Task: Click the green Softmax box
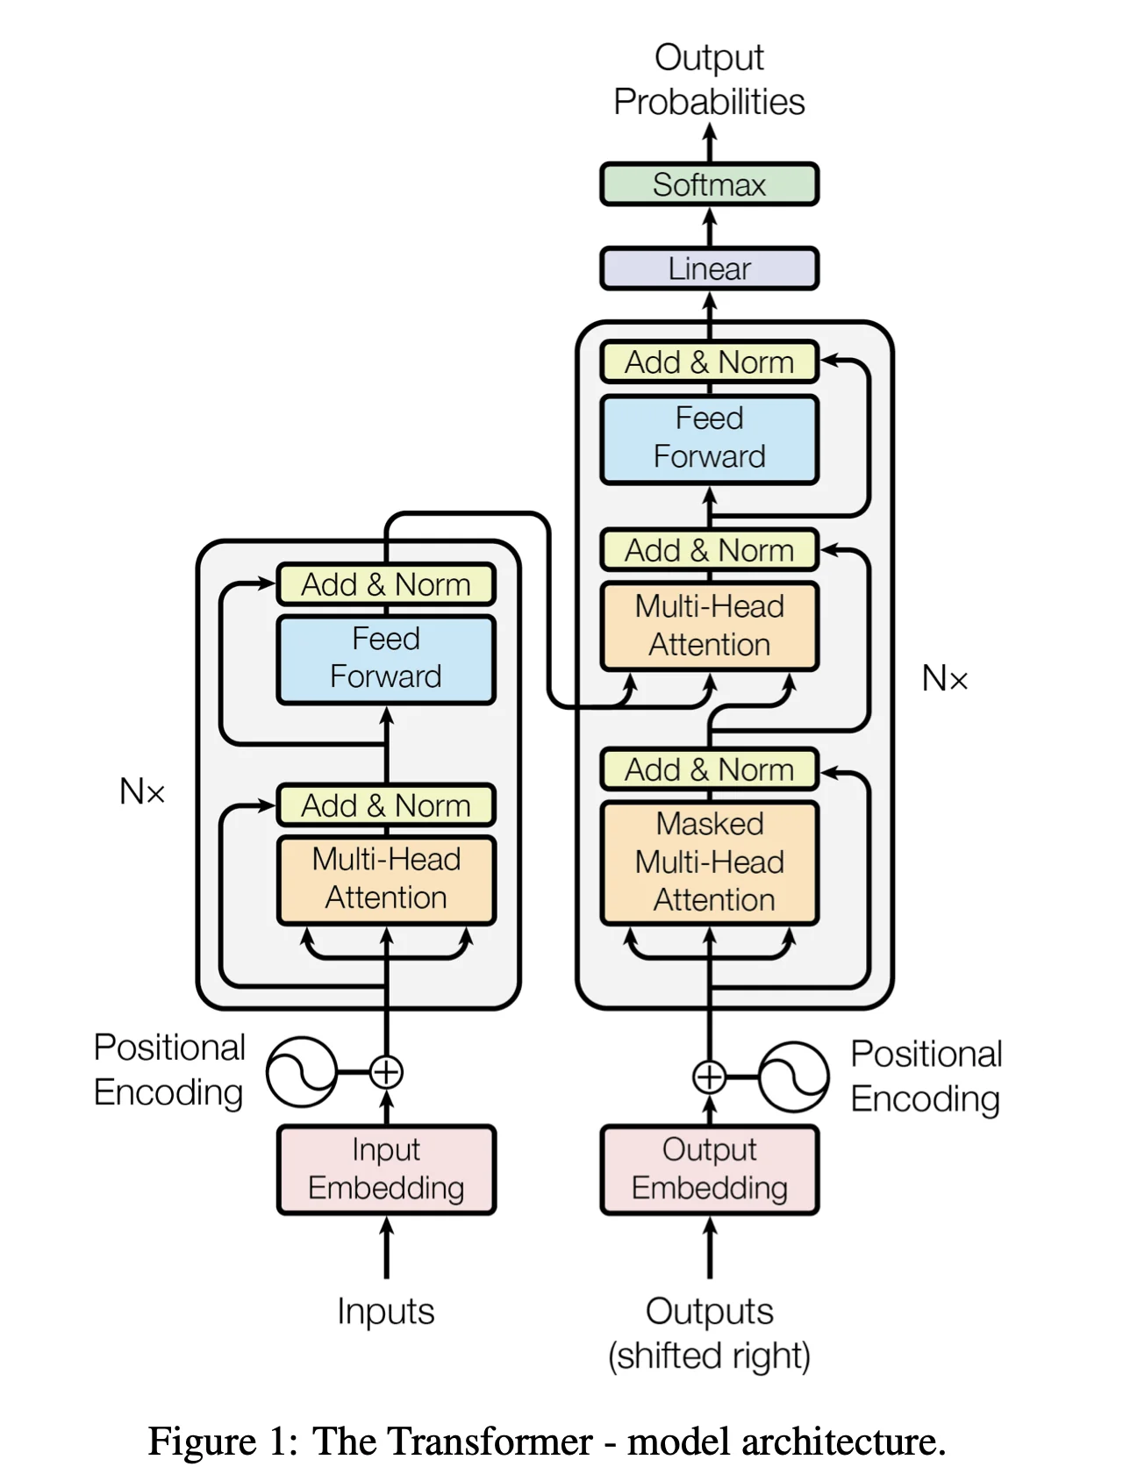[x=709, y=184]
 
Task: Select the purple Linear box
[x=709, y=268]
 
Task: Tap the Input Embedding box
[x=386, y=1169]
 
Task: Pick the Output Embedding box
[x=709, y=1169]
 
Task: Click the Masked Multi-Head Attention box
[x=709, y=862]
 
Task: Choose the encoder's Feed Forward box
[x=386, y=658]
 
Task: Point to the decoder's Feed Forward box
[x=709, y=438]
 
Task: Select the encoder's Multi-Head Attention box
[x=386, y=878]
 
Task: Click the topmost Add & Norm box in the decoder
[x=709, y=361]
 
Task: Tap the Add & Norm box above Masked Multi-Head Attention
[x=709, y=769]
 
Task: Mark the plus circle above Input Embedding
[x=386, y=1071]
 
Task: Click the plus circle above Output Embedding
[x=709, y=1077]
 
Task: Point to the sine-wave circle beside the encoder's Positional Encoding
[x=301, y=1071]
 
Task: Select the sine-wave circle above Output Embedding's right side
[x=793, y=1077]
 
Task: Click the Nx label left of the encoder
[x=142, y=792]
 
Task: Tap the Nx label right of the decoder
[x=945, y=678]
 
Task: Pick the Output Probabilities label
[x=709, y=80]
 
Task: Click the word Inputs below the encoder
[x=386, y=1312]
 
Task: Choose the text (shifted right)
[x=709, y=1356]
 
